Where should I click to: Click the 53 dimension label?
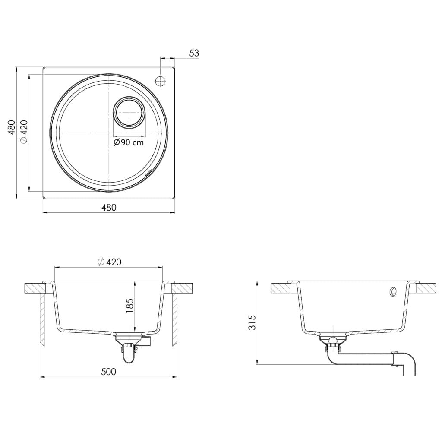click(194, 53)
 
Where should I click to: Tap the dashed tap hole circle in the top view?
click(160, 81)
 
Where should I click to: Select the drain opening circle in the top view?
click(129, 112)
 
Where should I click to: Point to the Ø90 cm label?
click(129, 142)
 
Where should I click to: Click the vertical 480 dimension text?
click(12, 128)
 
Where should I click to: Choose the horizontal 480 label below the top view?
click(109, 208)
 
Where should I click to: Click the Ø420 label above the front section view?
click(109, 262)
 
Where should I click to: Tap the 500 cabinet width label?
click(109, 372)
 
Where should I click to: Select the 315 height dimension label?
click(252, 322)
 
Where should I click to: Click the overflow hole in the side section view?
click(393, 292)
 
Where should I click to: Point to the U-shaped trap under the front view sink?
click(129, 355)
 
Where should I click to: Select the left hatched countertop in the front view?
click(34, 288)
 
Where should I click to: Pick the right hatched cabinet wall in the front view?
click(175, 319)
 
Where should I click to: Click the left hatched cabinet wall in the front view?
click(42, 319)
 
